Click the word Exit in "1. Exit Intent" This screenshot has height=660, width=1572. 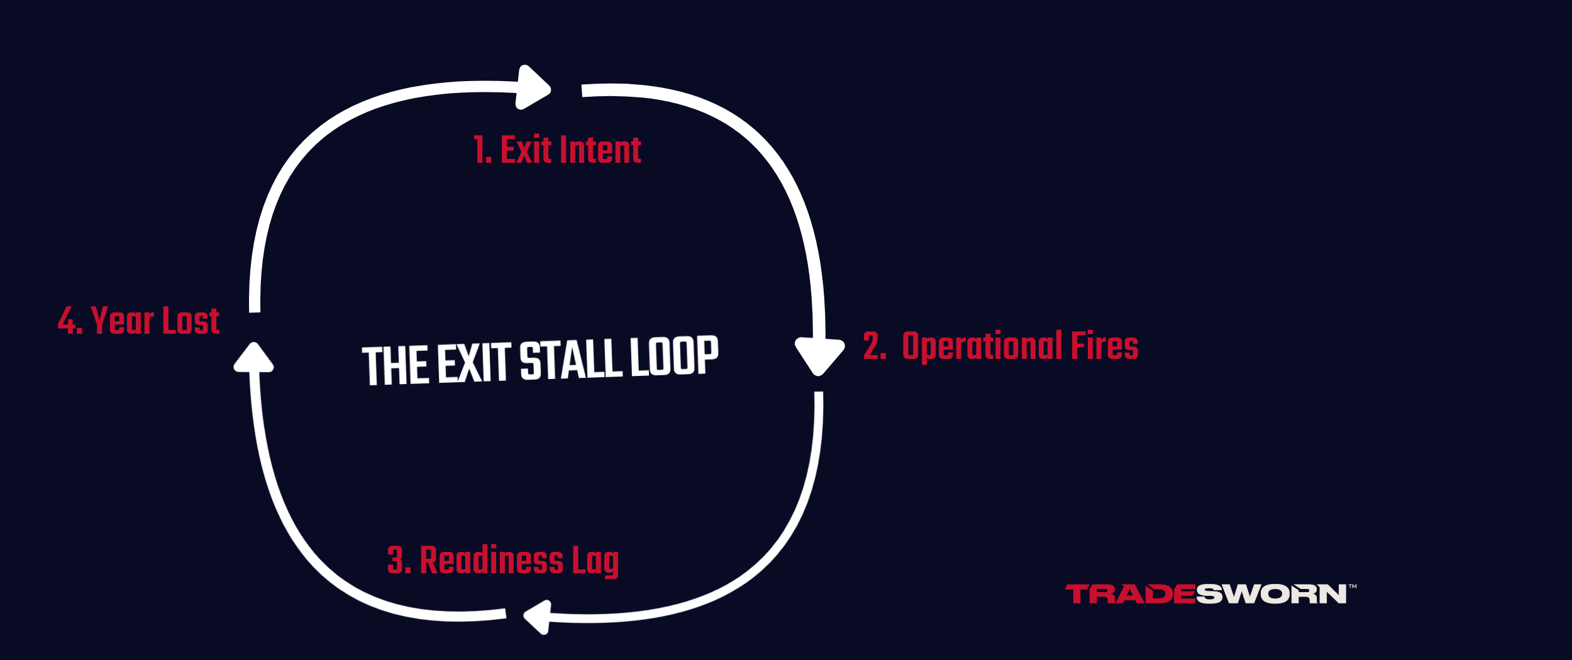point(526,150)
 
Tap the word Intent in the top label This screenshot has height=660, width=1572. point(601,150)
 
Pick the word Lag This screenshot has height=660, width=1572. point(595,561)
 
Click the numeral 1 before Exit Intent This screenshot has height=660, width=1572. point(481,150)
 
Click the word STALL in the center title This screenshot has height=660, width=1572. point(571,360)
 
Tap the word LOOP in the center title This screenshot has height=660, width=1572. point(673,355)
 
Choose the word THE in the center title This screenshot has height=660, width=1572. point(397,365)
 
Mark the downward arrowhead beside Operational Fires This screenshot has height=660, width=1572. point(819,355)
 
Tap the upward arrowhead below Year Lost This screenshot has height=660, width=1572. point(253,358)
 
